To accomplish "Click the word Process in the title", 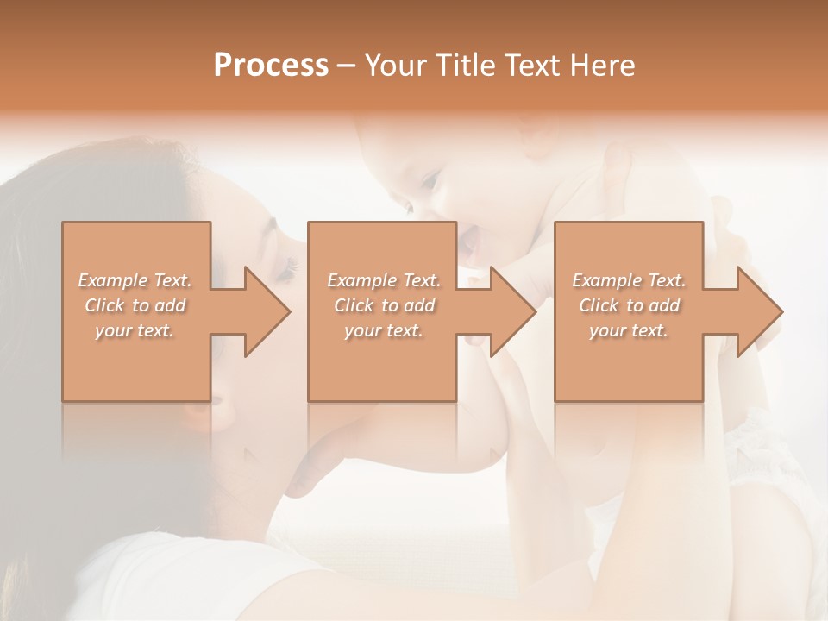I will [x=271, y=66].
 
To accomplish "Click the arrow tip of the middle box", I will [x=534, y=311].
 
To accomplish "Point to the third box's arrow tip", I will [x=781, y=311].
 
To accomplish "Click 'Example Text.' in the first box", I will [x=135, y=280].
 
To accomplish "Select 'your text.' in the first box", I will [x=135, y=330].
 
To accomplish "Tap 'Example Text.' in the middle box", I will [x=384, y=280].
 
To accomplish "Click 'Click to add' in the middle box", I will [x=384, y=305].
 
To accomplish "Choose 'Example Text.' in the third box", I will [x=629, y=280].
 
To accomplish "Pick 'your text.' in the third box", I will [x=629, y=330].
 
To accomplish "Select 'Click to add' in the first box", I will [x=135, y=305].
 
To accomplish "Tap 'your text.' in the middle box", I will [x=384, y=330].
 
